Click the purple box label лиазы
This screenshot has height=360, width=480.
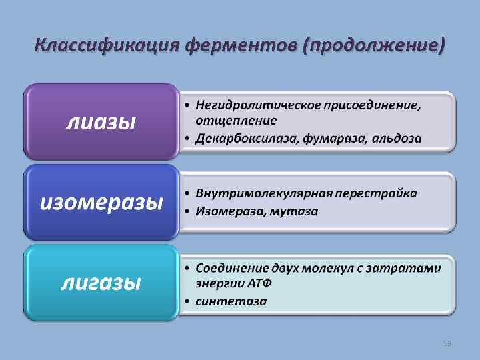[x=100, y=121]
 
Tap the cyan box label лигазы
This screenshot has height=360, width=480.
[x=101, y=283]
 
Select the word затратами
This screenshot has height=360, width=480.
[x=413, y=267]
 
